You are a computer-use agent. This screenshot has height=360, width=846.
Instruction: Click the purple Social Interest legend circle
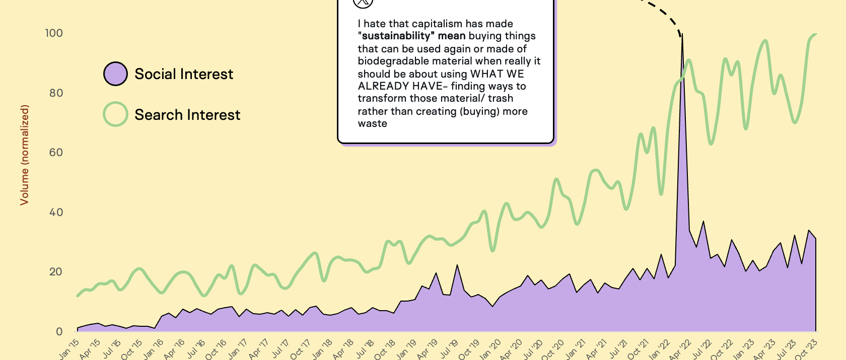(x=115, y=74)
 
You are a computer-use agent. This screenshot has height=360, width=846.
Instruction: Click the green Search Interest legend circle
(x=115, y=114)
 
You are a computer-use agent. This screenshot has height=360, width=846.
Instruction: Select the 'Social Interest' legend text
(x=184, y=74)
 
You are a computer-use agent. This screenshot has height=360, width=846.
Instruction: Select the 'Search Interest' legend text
(x=187, y=115)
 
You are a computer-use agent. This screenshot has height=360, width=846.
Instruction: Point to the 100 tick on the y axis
(x=54, y=33)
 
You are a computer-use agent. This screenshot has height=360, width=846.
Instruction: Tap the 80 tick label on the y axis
(x=56, y=93)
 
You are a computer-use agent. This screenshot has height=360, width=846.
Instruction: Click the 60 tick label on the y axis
(x=56, y=153)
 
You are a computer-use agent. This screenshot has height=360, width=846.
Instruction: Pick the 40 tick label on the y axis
(x=56, y=212)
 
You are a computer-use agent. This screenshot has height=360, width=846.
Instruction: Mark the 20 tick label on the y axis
(x=56, y=272)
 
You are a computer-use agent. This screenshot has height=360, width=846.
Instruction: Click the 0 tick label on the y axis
(x=59, y=332)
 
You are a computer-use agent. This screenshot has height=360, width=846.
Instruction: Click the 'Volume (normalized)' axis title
(x=24, y=155)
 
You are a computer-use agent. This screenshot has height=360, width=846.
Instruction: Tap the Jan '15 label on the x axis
(x=69, y=349)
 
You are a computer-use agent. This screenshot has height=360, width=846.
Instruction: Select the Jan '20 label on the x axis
(x=491, y=349)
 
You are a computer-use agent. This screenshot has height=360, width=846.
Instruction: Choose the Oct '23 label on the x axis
(x=807, y=349)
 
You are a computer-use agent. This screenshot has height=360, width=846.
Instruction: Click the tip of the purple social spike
(x=682, y=35)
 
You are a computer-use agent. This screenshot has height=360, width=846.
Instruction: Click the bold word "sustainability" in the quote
(x=396, y=36)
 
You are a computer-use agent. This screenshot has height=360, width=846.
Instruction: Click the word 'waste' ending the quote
(x=373, y=124)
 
